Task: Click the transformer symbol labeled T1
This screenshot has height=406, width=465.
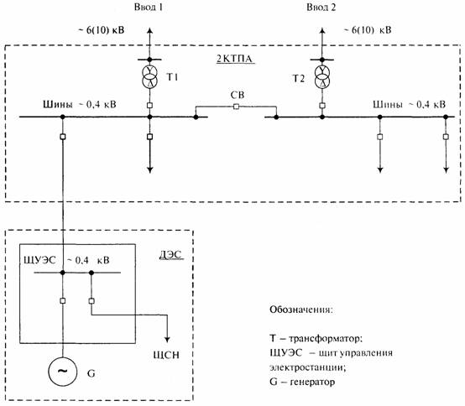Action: [x=149, y=76]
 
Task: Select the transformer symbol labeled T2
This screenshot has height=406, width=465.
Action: [x=322, y=77]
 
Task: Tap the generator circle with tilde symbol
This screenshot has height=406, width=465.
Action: [x=63, y=372]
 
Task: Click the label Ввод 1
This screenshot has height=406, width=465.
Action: [x=149, y=7]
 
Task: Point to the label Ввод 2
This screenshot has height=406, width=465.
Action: [x=321, y=7]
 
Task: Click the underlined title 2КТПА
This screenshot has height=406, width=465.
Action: [x=234, y=59]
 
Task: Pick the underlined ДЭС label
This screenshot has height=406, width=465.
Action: [x=171, y=255]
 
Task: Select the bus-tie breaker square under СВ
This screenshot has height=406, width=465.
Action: [x=236, y=107]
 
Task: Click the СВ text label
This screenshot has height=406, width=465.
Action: [x=238, y=95]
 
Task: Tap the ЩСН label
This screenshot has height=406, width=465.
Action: [x=166, y=355]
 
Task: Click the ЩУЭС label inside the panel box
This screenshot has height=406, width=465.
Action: [x=39, y=260]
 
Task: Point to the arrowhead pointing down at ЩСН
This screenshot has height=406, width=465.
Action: [x=167, y=340]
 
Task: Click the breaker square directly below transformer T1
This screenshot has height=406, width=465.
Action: [x=149, y=105]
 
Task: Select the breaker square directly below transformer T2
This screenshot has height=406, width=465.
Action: [x=322, y=106]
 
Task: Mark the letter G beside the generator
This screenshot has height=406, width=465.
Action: [x=91, y=373]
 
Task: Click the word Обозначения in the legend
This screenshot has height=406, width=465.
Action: [x=301, y=310]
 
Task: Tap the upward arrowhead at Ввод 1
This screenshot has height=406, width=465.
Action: [x=149, y=31]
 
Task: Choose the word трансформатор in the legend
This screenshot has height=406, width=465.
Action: [x=326, y=338]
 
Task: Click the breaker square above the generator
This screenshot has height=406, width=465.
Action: [x=63, y=301]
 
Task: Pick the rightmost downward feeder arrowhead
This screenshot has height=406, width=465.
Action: [x=446, y=169]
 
